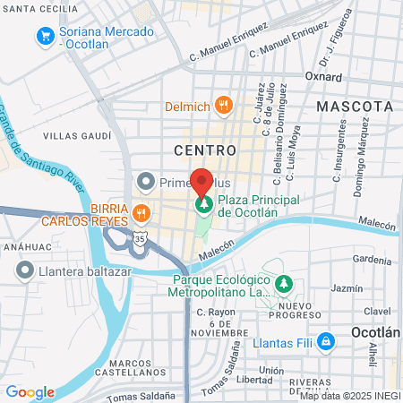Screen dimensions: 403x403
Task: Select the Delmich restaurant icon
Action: (x=224, y=107)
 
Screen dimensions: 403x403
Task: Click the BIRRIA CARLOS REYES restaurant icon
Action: (x=141, y=214)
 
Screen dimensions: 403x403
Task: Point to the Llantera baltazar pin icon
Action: (x=23, y=270)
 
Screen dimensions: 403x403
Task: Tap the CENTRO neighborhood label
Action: (x=205, y=149)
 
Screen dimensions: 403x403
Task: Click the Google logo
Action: (x=30, y=392)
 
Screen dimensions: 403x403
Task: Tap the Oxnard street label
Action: (x=323, y=77)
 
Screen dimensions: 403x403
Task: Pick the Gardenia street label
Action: (x=373, y=260)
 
